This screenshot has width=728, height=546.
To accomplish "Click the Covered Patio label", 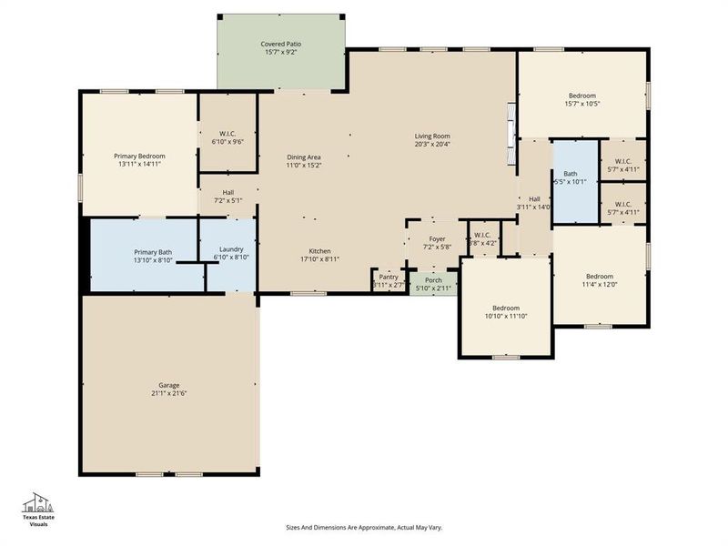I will click(280, 44).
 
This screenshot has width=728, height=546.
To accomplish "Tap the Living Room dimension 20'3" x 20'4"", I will click(432, 144).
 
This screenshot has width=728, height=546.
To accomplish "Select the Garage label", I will click(168, 385).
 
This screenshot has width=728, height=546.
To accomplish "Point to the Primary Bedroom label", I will click(139, 156).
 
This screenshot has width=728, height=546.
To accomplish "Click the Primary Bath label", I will click(153, 252).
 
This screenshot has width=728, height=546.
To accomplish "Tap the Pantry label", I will click(389, 277).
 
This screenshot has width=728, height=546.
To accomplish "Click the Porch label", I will click(433, 280).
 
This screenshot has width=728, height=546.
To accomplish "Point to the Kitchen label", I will click(319, 251).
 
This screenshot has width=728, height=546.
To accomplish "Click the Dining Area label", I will click(304, 157).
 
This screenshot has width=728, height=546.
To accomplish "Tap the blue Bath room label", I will click(570, 173).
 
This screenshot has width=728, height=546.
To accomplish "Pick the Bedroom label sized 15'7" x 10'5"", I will click(582, 96).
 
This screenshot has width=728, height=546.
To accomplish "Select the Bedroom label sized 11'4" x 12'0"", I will click(599, 276).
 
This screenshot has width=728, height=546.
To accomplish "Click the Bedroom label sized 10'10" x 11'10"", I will click(506, 308).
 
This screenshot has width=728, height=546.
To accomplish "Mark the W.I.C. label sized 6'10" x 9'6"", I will click(227, 134).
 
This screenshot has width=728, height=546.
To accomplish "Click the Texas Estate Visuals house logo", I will click(38, 504).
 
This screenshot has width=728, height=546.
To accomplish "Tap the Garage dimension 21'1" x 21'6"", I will click(168, 394).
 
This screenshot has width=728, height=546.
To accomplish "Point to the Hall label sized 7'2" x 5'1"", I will click(227, 192).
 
